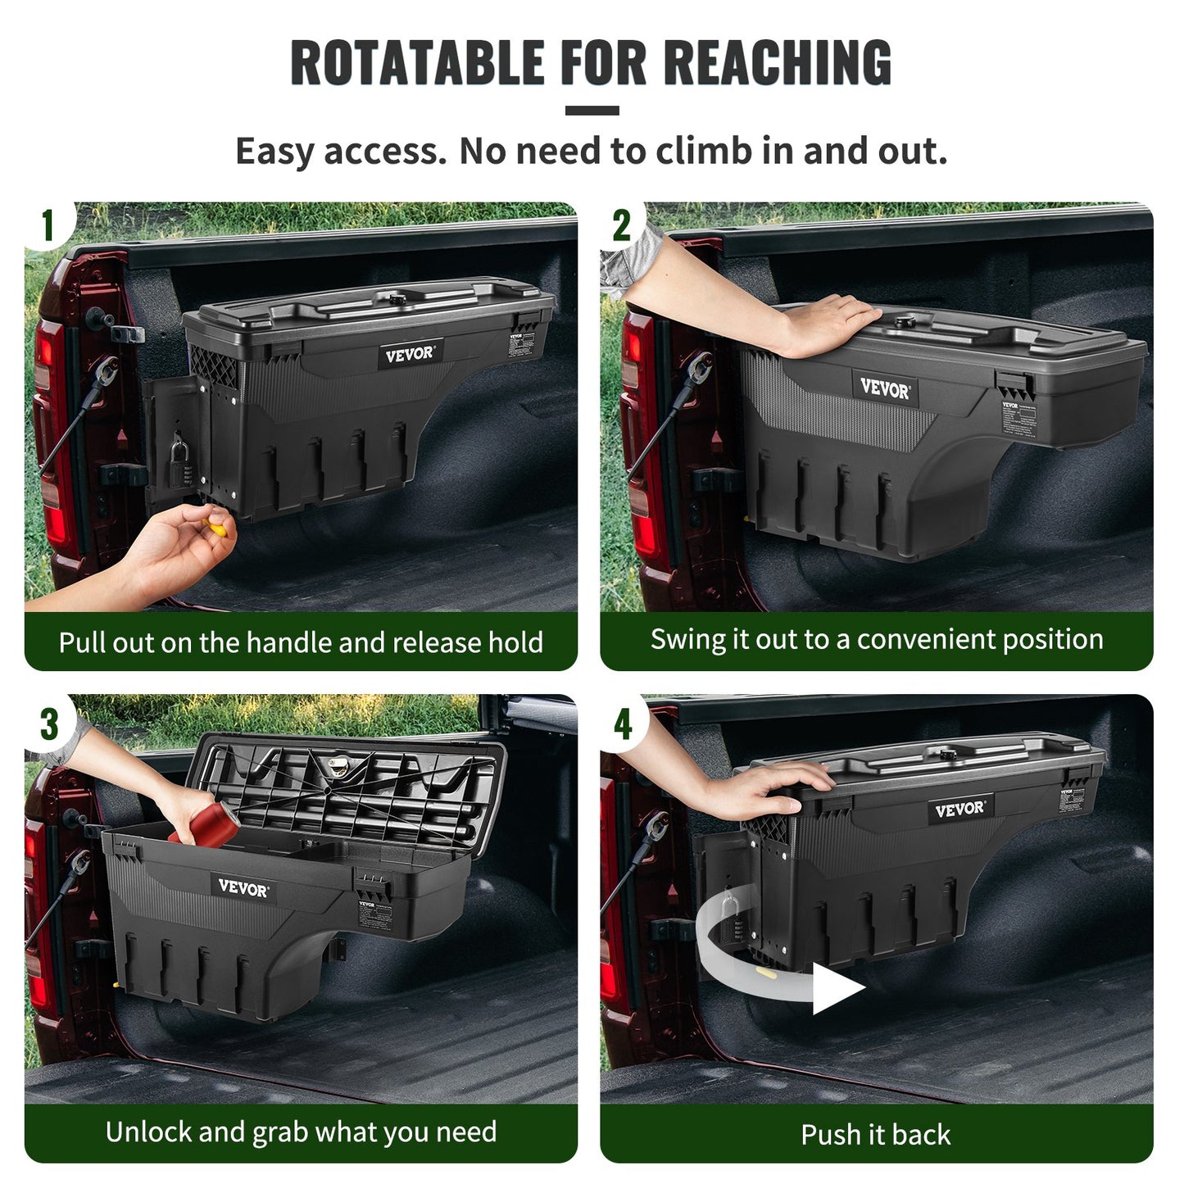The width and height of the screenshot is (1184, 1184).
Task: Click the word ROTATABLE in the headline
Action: pyautogui.click(x=417, y=63)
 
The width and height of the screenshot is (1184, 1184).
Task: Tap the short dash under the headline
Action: pyautogui.click(x=592, y=111)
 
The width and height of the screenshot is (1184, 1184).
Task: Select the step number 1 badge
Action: pyautogui.click(x=48, y=225)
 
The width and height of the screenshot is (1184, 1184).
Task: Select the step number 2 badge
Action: pyautogui.click(x=622, y=225)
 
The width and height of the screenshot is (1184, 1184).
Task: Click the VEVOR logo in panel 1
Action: pyautogui.click(x=410, y=354)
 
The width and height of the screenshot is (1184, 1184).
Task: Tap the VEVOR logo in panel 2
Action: pyautogui.click(x=884, y=388)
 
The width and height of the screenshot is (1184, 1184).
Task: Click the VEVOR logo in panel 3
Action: pyautogui.click(x=243, y=887)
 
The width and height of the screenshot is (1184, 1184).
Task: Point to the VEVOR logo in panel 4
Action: pyautogui.click(x=959, y=810)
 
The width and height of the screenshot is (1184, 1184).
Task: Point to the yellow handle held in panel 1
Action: pyautogui.click(x=215, y=527)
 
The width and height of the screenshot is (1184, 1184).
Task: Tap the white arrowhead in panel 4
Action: pyautogui.click(x=836, y=988)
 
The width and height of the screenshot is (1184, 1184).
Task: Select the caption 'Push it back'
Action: pyautogui.click(x=876, y=1135)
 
